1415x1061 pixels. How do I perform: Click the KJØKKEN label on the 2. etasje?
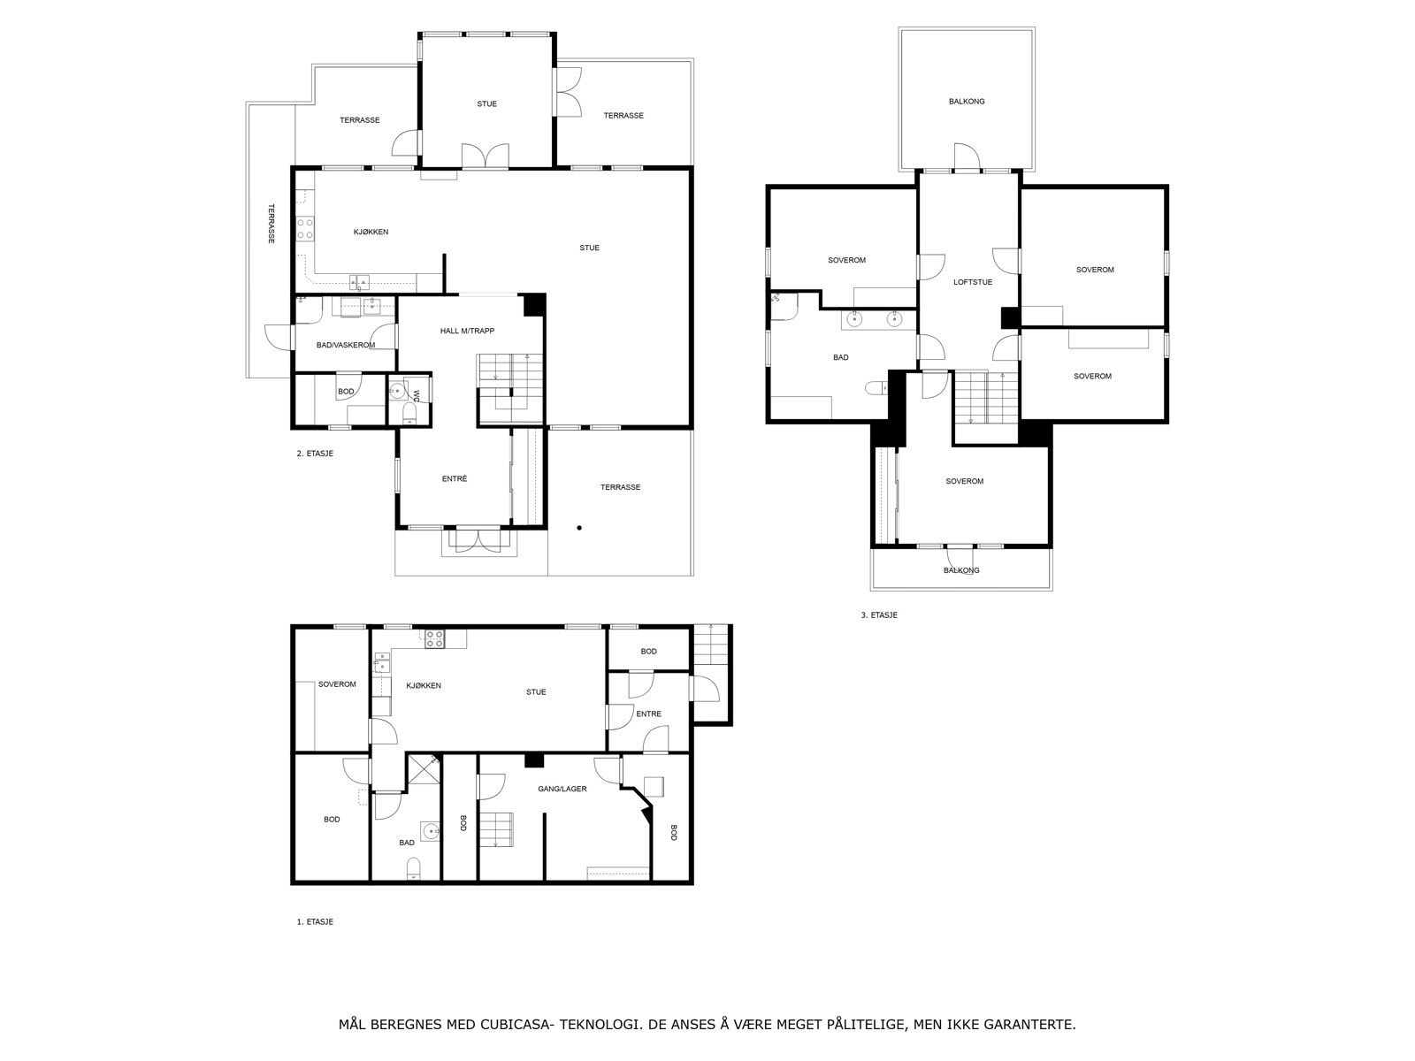(x=371, y=232)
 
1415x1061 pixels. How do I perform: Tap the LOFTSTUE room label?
(x=973, y=283)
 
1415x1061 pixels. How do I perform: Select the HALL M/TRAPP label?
(x=467, y=331)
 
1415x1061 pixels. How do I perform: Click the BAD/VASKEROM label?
(x=346, y=345)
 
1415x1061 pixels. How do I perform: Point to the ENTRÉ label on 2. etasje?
(x=454, y=478)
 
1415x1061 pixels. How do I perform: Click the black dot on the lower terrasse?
(x=579, y=528)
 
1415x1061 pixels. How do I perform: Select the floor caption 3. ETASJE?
(x=879, y=614)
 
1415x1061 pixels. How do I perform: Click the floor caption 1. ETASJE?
(x=315, y=921)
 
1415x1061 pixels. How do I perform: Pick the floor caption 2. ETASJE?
(x=315, y=454)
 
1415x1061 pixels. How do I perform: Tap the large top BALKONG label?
(x=967, y=101)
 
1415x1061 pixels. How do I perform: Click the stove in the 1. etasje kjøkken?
(x=433, y=639)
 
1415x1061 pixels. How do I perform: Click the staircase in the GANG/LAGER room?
(x=497, y=828)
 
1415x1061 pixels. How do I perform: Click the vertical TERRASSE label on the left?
(x=272, y=224)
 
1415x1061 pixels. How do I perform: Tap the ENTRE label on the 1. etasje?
(x=648, y=714)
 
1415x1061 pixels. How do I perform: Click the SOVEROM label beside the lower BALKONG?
(x=964, y=481)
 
